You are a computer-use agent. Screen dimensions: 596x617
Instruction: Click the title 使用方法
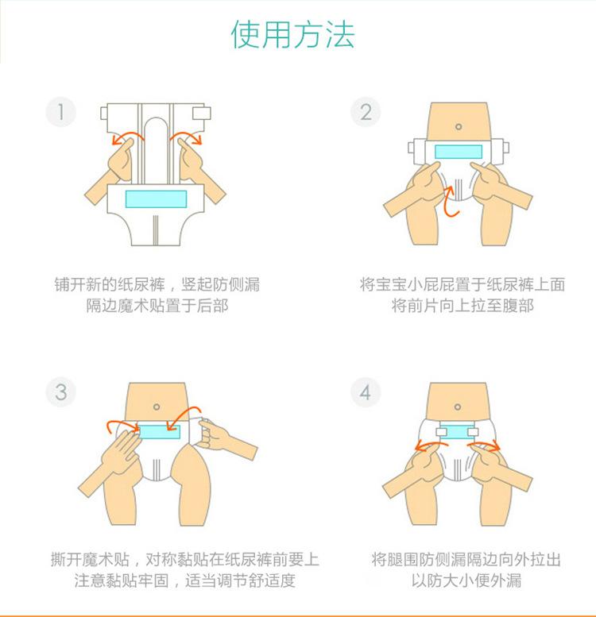coord(292,34)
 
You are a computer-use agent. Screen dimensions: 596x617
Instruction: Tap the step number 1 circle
coord(60,112)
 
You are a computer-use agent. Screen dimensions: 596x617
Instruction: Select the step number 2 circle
coord(366,112)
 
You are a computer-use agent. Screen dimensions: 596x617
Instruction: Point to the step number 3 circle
coord(60,392)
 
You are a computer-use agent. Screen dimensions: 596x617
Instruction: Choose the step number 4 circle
coord(366,392)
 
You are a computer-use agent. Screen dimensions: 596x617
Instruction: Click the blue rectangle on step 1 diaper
coord(156,199)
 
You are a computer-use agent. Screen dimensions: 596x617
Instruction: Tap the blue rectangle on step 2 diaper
coord(459,152)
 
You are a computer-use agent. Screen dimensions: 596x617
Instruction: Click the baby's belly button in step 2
coord(459,127)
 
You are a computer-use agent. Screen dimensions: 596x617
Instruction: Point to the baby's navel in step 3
coord(157,407)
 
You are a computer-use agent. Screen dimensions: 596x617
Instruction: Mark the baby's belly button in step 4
coord(458,407)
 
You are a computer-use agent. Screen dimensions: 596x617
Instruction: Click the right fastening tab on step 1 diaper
coord(201,113)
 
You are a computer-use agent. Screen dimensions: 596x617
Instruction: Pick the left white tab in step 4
coord(442,432)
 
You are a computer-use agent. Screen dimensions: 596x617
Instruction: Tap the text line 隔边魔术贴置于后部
coord(157,306)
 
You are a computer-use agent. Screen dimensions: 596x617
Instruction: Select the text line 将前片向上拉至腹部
coord(462,306)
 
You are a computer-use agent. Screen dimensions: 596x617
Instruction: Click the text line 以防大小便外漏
coord(466,580)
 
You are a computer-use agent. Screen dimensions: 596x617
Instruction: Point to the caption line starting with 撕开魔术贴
coord(184,559)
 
